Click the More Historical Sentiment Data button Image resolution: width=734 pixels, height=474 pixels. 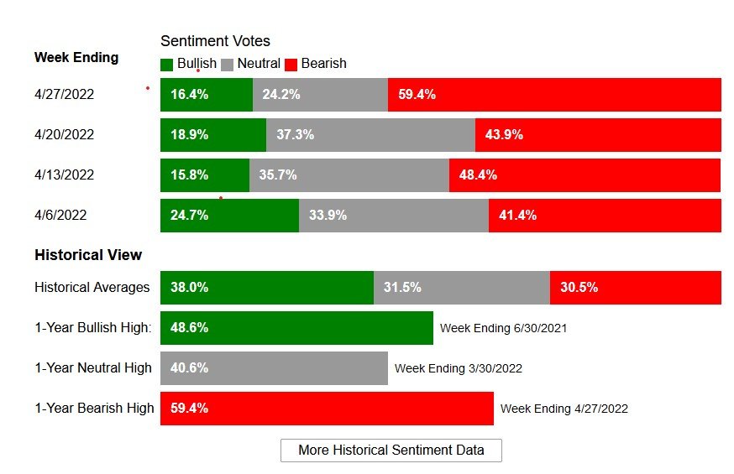[391, 451]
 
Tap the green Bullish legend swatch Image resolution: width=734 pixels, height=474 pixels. [167, 65]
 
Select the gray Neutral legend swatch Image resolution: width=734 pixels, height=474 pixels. [228, 65]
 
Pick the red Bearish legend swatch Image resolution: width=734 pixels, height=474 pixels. [291, 65]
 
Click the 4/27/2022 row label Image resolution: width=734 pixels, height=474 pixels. [64, 95]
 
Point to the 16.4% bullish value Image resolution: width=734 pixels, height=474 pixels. [189, 95]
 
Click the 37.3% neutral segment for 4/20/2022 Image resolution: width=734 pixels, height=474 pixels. [370, 135]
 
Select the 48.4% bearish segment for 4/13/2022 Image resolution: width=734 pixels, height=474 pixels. [585, 175]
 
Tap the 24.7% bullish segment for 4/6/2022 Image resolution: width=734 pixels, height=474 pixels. [229, 216]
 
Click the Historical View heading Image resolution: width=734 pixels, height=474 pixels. [88, 255]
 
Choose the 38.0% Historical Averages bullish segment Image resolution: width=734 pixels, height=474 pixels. [266, 288]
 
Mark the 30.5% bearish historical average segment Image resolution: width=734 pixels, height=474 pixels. [635, 288]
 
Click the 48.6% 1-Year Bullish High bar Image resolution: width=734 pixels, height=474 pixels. [296, 328]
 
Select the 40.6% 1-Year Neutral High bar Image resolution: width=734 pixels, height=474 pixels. [274, 368]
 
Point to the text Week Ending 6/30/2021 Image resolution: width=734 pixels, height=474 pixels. [503, 328]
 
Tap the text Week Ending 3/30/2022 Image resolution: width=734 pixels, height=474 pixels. [458, 368]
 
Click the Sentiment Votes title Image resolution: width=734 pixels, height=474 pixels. [215, 41]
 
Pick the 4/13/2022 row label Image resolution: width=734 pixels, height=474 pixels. [64, 175]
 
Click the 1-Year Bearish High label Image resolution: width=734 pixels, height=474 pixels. [94, 409]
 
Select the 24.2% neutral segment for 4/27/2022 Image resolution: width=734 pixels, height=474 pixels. [320, 95]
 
